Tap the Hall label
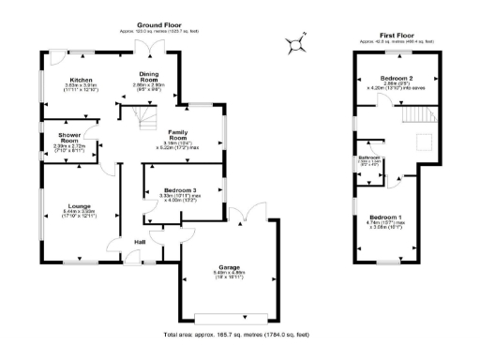pyautogui.click(x=140, y=241)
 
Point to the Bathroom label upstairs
pyautogui.click(x=368, y=157)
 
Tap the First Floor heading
pyautogui.click(x=397, y=36)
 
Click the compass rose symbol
pyautogui.click(x=297, y=41)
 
